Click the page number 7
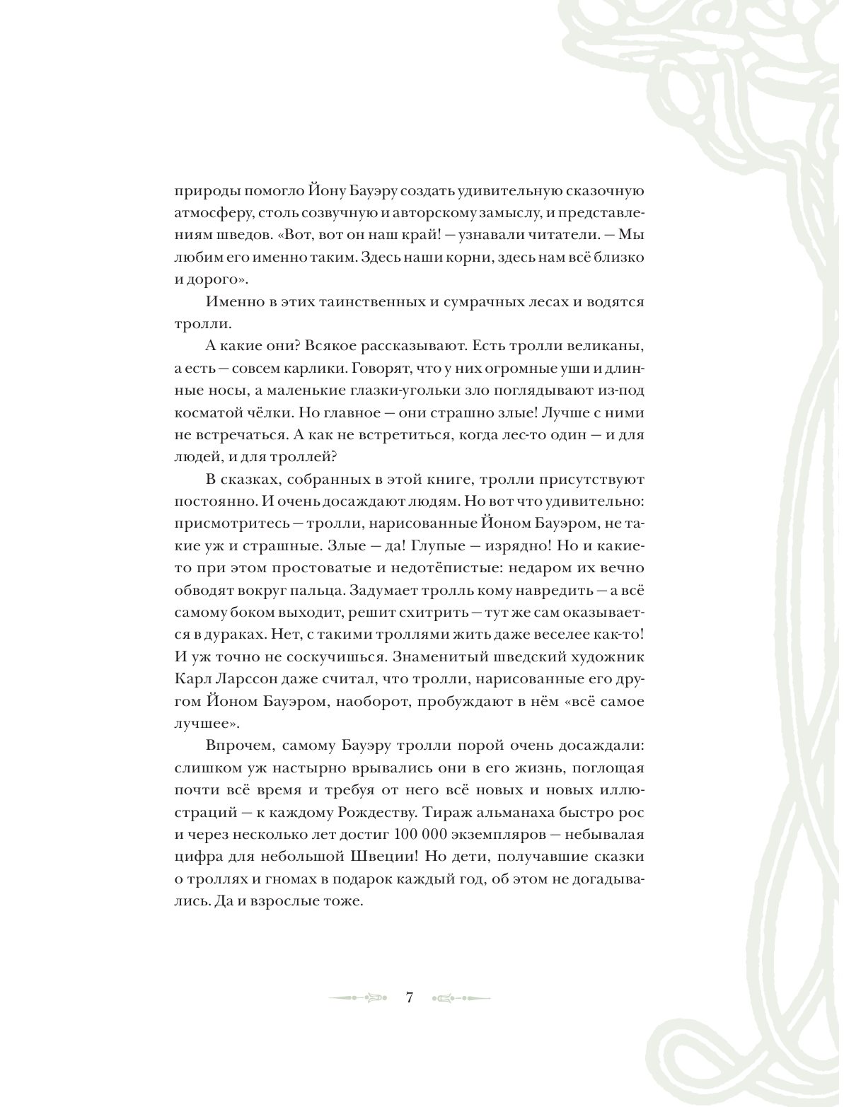click(x=409, y=998)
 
